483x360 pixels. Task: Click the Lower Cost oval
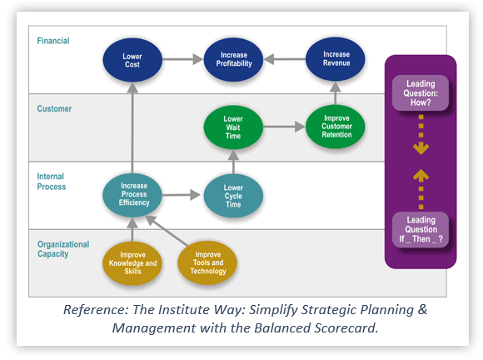pyautogui.click(x=132, y=61)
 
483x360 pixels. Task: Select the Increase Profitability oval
pyautogui.click(x=234, y=61)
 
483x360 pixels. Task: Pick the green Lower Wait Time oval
pyautogui.click(x=233, y=129)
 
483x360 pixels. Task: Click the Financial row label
pyautogui.click(x=53, y=40)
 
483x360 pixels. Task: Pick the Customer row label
pyautogui.click(x=55, y=108)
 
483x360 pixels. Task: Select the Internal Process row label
pyautogui.click(x=52, y=182)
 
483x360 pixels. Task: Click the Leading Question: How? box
pyautogui.click(x=421, y=92)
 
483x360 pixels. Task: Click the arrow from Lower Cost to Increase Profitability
pyautogui.click(x=183, y=60)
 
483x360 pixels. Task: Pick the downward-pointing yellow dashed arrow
pyautogui.click(x=421, y=133)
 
